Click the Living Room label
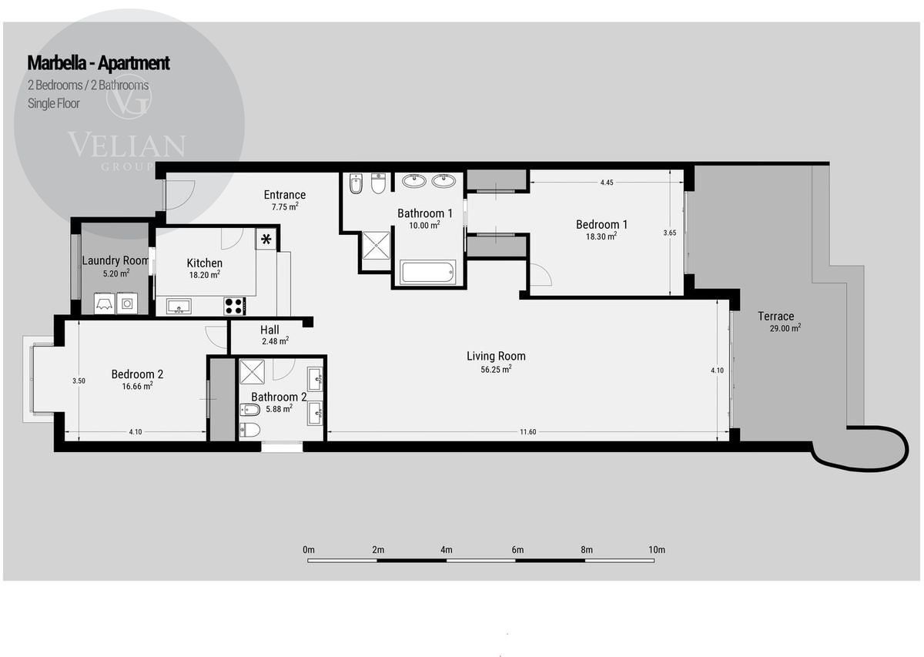coord(496,356)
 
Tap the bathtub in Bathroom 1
coord(428,273)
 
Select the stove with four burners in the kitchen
coord(234,307)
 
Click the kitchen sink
coord(179,307)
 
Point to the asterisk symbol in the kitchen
coord(266,239)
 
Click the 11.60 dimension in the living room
coord(527,431)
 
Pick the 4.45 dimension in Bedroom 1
coord(607,183)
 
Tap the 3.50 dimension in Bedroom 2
coord(79,380)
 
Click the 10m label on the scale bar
coord(657,549)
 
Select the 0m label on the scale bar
coord(309,549)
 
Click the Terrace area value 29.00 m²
coord(785,328)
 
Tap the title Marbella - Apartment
coord(99,62)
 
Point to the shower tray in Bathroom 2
coord(253,371)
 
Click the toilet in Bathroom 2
coord(250,430)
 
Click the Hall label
coord(269,330)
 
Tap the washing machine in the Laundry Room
coord(126,303)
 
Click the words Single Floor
coord(54,103)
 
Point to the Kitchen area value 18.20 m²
coord(205,275)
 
